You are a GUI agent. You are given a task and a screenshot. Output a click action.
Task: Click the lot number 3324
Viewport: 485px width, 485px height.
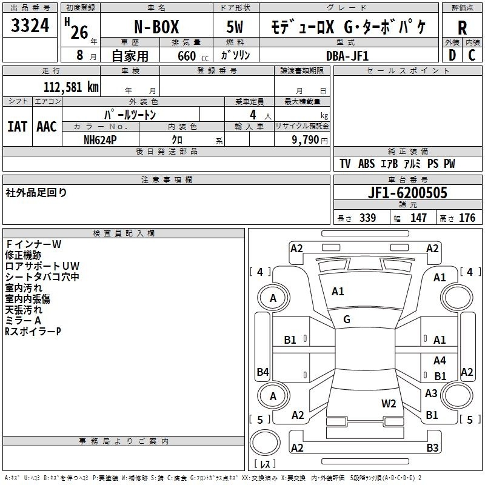click(30, 25)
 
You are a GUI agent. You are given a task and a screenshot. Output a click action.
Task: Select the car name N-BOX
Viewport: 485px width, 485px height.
click(156, 27)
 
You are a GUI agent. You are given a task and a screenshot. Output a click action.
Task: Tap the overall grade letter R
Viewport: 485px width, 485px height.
click(462, 28)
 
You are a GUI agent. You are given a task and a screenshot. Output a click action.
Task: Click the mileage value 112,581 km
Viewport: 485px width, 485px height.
click(71, 87)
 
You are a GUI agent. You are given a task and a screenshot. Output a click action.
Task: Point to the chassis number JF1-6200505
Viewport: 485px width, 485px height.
click(407, 193)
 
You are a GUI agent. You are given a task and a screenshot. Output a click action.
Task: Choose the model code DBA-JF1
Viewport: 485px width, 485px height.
click(347, 56)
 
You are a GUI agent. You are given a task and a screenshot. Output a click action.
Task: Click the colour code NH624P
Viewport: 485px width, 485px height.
click(100, 140)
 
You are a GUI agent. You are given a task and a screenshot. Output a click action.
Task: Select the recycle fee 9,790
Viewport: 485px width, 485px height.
click(306, 140)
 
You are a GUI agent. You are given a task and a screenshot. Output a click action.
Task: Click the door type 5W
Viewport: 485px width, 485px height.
click(235, 27)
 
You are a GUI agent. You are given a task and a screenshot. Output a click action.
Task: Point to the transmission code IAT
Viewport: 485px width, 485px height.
click(17, 127)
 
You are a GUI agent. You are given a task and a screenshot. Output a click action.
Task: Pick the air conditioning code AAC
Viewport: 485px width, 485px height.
click(47, 127)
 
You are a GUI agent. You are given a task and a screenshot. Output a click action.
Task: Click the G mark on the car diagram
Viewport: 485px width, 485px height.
click(347, 319)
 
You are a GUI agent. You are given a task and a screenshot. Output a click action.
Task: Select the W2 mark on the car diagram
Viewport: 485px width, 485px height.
click(389, 403)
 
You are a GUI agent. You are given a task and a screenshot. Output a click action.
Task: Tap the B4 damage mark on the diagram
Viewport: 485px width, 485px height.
click(263, 372)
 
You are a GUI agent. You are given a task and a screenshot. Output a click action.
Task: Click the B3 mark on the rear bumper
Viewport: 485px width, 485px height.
click(432, 447)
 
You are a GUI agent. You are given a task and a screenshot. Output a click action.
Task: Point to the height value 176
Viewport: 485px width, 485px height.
click(467, 218)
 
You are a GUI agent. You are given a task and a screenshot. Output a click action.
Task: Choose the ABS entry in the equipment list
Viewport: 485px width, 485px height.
click(366, 164)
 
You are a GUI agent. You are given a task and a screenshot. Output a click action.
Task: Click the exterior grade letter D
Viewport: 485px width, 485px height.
click(452, 55)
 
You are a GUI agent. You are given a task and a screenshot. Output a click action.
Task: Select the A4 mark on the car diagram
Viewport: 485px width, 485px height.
click(440, 360)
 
